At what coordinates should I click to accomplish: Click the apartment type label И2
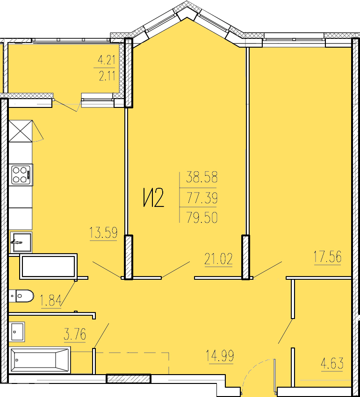154,198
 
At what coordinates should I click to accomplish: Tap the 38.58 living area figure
202,177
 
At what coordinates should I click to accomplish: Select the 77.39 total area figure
202,198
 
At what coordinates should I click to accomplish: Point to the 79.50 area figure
202,218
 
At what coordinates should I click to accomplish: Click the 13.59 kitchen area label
103,233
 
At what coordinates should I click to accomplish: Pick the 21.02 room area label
218,259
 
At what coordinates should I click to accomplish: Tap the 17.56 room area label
328,256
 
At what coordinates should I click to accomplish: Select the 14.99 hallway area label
220,355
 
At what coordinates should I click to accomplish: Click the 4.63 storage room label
332,363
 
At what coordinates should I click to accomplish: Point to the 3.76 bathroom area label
75,334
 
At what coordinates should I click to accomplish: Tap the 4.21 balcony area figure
107,60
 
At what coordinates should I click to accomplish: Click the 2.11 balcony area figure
107,76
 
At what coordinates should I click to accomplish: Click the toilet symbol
22,296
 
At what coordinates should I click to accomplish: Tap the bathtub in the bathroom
40,361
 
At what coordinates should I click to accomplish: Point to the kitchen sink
21,242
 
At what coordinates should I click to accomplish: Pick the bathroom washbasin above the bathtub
17,332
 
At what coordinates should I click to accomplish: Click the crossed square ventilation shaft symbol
21,131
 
